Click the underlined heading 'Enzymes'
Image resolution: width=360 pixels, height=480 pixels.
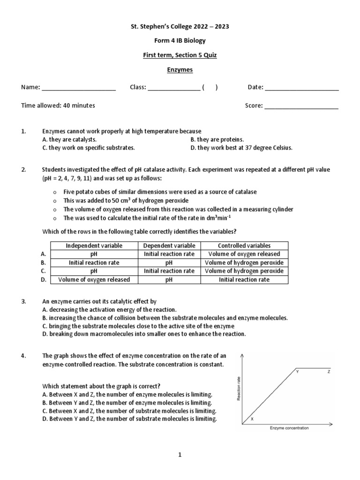[180, 70]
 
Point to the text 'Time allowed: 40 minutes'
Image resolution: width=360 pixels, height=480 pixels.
[58, 105]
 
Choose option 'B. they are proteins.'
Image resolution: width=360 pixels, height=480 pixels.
[217, 139]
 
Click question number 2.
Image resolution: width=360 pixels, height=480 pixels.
[23, 169]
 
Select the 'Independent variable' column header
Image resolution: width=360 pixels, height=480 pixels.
[94, 246]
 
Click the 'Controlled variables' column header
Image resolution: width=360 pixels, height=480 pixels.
[244, 246]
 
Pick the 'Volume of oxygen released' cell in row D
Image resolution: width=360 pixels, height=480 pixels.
[94, 280]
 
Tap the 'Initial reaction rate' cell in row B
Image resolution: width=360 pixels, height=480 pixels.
[94, 262]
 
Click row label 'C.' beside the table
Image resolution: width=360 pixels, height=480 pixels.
[44, 271]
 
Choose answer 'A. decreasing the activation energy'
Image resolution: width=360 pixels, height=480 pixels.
[109, 310]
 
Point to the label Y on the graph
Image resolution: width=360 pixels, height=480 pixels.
[297, 371]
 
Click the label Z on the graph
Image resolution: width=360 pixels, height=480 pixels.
[329, 371]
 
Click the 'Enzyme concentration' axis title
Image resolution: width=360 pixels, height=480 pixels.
[289, 428]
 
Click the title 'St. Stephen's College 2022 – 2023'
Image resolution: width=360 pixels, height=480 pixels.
[180, 27]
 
